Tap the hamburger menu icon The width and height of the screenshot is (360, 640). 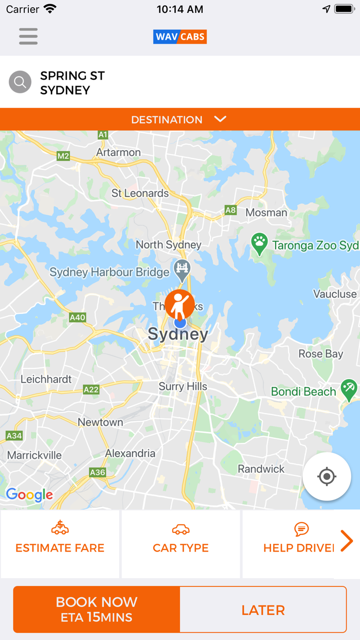tap(28, 36)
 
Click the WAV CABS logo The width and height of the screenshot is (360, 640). tap(180, 37)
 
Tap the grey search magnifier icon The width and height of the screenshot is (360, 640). tap(20, 82)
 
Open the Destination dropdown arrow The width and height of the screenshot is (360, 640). tap(220, 119)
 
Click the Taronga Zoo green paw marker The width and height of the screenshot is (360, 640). tap(259, 244)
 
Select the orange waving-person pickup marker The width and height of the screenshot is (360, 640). tap(179, 304)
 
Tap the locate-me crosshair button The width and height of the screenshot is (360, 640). tap(327, 476)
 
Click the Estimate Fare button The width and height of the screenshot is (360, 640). tap(60, 544)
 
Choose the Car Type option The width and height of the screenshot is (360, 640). tap(181, 544)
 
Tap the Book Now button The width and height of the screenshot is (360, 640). tap(97, 610)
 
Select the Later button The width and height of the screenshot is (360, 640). tap(263, 610)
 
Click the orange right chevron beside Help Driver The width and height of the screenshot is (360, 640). tap(347, 541)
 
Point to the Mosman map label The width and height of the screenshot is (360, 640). tap(266, 212)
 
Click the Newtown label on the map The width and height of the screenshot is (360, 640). tap(100, 422)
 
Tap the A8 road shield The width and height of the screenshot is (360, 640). tap(230, 210)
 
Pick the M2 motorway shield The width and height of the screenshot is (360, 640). tap(63, 156)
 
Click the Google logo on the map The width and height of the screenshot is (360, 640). tap(29, 495)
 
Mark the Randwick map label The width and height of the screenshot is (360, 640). tap(261, 469)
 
